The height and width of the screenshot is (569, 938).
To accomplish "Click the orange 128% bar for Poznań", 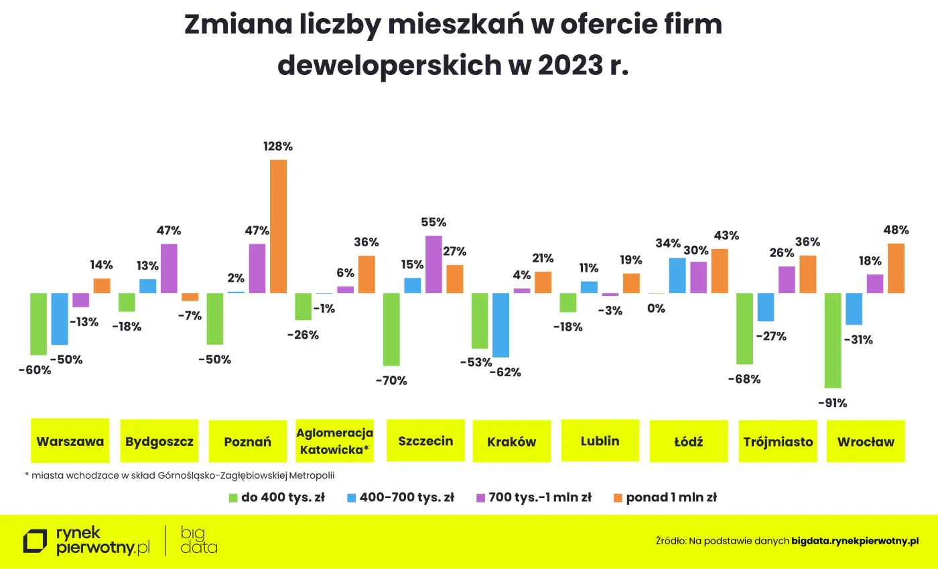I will tap(278, 226).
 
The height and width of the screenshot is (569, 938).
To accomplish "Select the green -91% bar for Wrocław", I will tap(833, 340).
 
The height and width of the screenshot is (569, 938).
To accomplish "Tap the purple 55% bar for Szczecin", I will tap(433, 264).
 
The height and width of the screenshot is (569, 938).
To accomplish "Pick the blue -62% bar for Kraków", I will tap(500, 325).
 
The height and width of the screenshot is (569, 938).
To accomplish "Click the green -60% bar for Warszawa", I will tap(38, 323).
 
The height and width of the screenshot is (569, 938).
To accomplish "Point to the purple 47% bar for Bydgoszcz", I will tap(169, 268).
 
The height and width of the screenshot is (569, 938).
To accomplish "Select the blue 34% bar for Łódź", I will tap(677, 275).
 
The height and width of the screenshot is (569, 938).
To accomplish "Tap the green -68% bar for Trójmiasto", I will tap(744, 328).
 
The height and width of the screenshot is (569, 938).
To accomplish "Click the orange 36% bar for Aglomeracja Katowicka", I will tap(366, 274).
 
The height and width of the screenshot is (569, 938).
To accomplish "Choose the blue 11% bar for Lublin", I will tap(589, 287).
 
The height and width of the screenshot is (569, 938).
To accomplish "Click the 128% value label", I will tap(278, 147).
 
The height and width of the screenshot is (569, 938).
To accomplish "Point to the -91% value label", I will tap(833, 403).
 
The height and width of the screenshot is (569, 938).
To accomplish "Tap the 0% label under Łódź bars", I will tap(656, 309).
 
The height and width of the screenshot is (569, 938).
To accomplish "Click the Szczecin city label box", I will tap(425, 441).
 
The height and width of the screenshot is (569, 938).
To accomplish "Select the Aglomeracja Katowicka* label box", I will tap(335, 441).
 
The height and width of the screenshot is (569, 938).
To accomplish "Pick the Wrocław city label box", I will tap(866, 441).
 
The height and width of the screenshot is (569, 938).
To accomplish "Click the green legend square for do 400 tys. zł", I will tap(233, 497).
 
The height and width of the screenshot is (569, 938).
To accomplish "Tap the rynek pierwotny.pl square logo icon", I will tap(35, 542).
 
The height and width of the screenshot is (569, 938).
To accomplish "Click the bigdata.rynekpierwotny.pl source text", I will tap(855, 540).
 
